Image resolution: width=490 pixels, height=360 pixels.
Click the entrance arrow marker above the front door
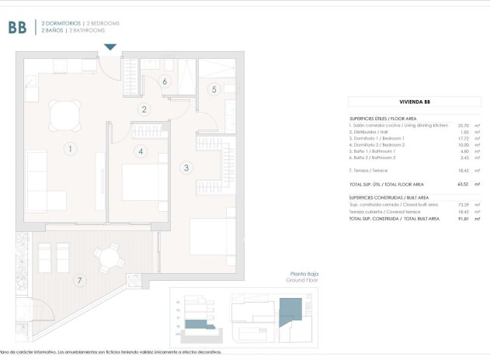[x=110, y=48]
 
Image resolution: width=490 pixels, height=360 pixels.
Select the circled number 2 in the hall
[x=144, y=109]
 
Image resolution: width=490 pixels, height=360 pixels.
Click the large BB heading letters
[x=17, y=28]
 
